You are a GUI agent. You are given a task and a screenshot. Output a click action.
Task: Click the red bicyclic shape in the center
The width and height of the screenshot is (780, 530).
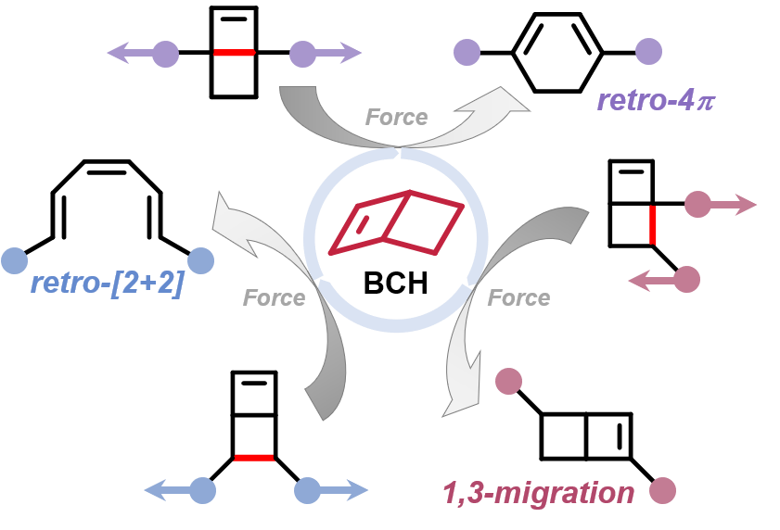click(397, 223)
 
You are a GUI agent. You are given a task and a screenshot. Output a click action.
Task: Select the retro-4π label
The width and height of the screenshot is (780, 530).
click(656, 100)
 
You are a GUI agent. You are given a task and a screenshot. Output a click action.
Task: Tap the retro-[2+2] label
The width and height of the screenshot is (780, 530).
click(108, 283)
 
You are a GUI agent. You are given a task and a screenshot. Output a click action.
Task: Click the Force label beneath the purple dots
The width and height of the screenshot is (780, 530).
click(396, 117)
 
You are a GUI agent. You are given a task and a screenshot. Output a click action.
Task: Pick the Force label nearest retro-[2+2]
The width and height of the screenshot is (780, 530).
click(274, 297)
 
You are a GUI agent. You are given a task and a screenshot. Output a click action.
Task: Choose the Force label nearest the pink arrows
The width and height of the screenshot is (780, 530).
click(518, 297)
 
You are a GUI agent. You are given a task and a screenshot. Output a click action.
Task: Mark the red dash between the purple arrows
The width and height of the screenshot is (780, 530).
click(234, 53)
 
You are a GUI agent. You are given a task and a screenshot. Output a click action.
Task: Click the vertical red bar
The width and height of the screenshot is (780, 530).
click(653, 225)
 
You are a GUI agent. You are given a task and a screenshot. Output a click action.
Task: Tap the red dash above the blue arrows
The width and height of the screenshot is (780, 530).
click(254, 457)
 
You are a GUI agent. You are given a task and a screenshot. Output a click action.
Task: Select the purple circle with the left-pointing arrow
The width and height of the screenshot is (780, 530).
click(164, 54)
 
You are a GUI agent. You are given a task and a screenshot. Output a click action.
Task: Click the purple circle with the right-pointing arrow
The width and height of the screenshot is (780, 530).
click(303, 54)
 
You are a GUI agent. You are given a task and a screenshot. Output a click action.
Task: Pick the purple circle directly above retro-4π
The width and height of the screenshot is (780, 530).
click(647, 52)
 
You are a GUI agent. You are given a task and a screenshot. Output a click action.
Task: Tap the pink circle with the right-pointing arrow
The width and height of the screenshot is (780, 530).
click(697, 204)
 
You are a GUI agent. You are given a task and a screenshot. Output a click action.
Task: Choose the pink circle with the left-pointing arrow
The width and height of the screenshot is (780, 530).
click(686, 279)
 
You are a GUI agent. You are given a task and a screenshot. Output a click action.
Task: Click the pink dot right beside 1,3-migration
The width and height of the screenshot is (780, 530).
click(662, 491)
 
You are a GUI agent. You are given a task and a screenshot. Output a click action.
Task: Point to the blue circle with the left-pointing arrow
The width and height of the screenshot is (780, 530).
click(202, 490)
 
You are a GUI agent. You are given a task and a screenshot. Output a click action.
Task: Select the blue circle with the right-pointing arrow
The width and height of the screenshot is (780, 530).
click(307, 490)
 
